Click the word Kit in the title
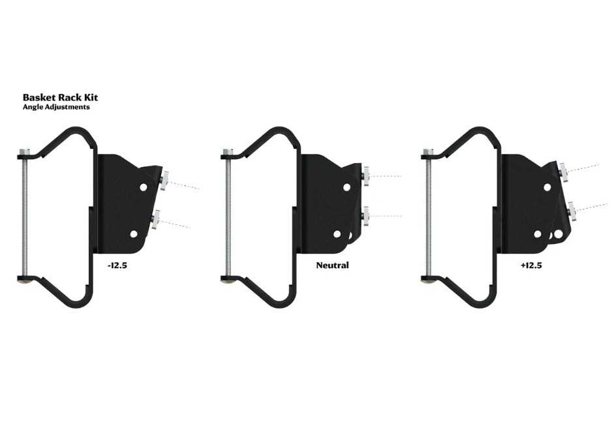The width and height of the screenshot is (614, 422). coord(91,98)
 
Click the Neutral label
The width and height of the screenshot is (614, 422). coord(332,265)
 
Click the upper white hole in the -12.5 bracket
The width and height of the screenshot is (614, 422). coord(144,187)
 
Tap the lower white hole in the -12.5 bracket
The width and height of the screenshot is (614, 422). coord(134,233)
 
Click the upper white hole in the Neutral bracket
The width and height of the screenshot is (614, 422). coord(346,187)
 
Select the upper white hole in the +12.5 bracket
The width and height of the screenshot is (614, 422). coord(547,187)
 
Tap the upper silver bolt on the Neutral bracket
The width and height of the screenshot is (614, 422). coord(367,176)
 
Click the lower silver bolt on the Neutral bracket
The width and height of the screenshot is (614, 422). coord(367,215)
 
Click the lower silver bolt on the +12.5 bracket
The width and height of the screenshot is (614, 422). coord(572,210)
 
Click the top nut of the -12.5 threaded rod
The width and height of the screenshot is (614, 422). coord(23,153)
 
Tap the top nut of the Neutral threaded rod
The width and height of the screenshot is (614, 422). coord(227,153)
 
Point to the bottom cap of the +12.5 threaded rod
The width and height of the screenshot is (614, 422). coord(427,280)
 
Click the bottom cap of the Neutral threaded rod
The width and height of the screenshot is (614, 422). coord(227,280)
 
